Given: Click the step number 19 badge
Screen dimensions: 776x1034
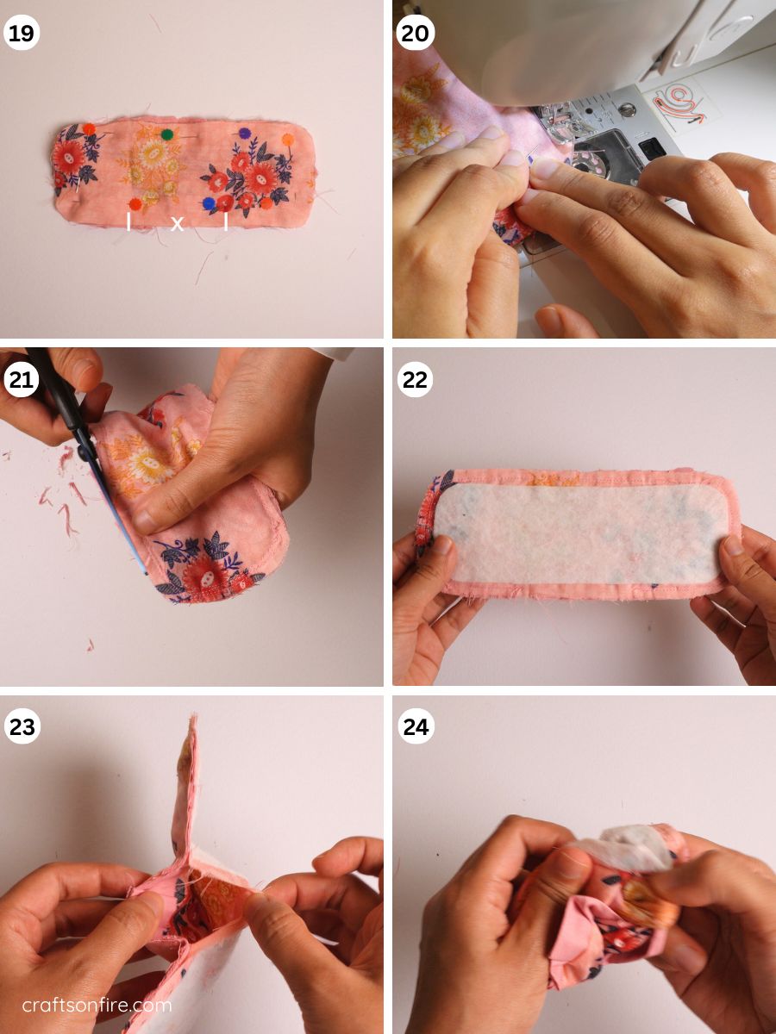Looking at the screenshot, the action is pyautogui.click(x=22, y=33).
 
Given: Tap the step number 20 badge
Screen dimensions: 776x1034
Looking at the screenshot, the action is pyautogui.click(x=415, y=33).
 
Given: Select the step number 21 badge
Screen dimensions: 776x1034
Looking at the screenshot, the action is pyautogui.click(x=22, y=380).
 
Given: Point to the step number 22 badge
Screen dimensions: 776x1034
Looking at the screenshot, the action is pyautogui.click(x=415, y=380).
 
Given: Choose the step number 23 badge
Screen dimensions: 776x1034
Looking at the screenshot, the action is pyautogui.click(x=22, y=726).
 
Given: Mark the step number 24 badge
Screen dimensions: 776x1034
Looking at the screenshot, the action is pyautogui.click(x=416, y=726).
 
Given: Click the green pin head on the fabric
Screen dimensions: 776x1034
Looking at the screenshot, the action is pyautogui.click(x=166, y=134).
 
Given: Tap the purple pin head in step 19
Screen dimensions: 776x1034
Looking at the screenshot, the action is pyautogui.click(x=244, y=134).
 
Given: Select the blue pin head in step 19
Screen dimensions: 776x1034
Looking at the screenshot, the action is pyautogui.click(x=209, y=203).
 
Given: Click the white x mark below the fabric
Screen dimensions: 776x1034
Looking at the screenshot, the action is pyautogui.click(x=177, y=223).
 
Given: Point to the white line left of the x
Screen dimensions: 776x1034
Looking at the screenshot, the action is pyautogui.click(x=128, y=221).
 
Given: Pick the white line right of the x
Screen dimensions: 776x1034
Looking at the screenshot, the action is pyautogui.click(x=226, y=221).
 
